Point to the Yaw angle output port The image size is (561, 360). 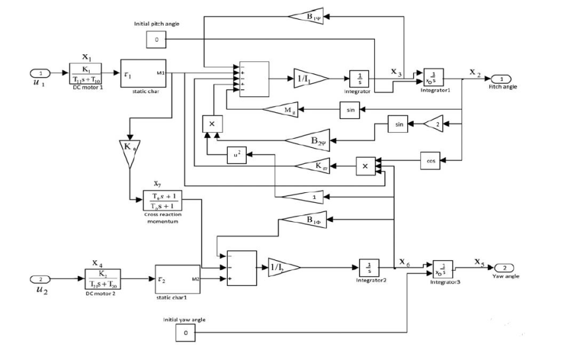tap(503, 268)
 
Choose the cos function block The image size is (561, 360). tap(430, 160)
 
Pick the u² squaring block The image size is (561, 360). tap(236, 155)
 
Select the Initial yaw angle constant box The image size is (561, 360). tap(185, 334)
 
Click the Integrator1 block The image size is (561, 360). tap(434, 77)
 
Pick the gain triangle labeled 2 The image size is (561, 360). tap(434, 124)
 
